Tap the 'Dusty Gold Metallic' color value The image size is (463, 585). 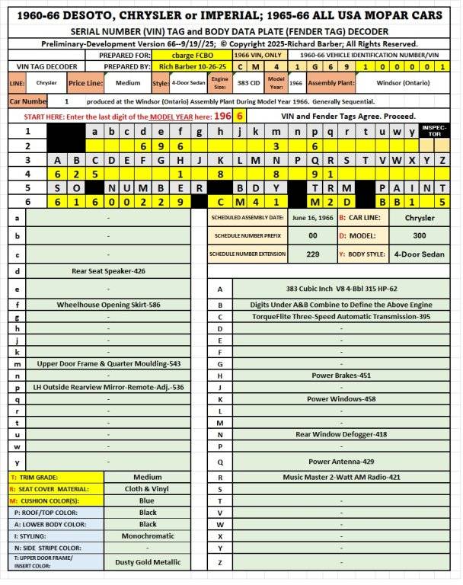tap(148, 562)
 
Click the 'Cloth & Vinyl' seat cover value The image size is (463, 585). tap(148, 489)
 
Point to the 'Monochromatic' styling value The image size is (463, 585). tap(148, 536)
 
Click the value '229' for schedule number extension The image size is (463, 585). tap(313, 254)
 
